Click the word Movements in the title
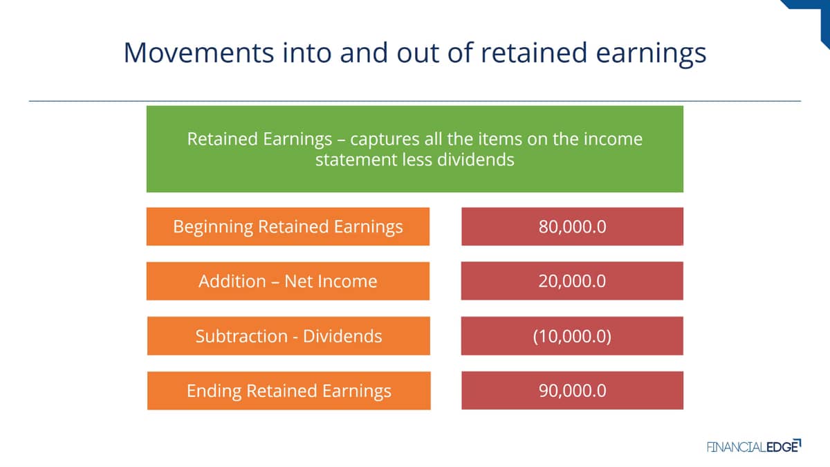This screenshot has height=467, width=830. (199, 53)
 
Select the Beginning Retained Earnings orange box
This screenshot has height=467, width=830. (288, 226)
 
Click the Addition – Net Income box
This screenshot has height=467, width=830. (288, 281)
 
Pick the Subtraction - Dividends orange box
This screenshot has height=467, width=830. (288, 336)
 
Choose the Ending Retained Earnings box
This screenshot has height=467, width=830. (289, 391)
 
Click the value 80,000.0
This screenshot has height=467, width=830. (573, 226)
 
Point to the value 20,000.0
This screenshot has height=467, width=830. (572, 281)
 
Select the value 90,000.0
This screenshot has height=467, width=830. (573, 391)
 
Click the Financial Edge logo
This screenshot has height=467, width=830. (754, 446)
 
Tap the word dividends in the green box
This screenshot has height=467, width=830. (476, 160)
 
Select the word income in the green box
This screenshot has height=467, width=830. (614, 139)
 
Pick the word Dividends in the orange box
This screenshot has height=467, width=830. (342, 336)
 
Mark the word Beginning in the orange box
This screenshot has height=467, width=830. (213, 227)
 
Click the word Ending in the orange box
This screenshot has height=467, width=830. (214, 392)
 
